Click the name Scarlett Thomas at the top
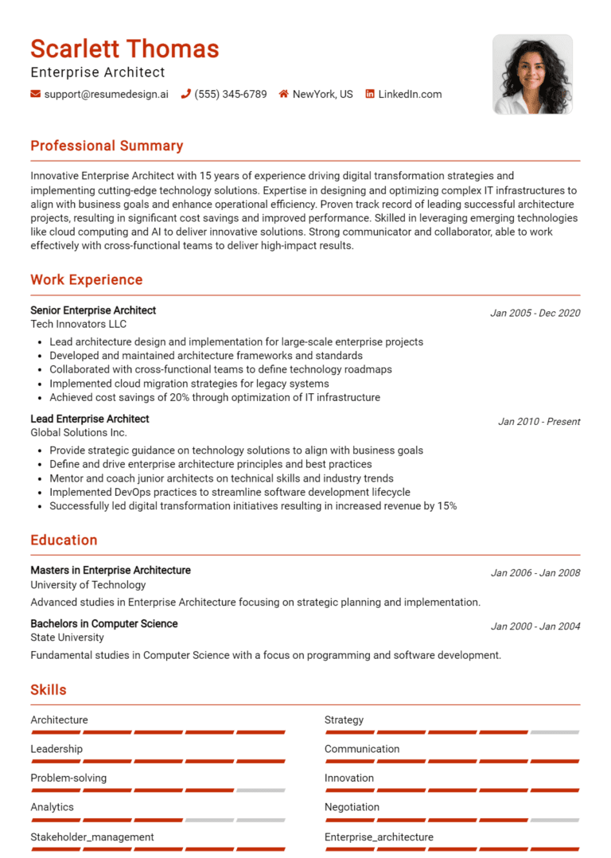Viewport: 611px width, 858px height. (125, 49)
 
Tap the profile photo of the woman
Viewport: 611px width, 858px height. (532, 74)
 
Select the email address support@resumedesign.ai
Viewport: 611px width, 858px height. (106, 94)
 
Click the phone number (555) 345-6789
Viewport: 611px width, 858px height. (231, 94)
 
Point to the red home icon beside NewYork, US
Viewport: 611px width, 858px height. (283, 94)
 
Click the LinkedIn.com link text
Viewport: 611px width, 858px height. (410, 94)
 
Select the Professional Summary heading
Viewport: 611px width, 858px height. (107, 146)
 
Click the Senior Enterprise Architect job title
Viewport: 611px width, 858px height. (93, 310)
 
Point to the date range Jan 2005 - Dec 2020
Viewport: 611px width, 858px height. (535, 313)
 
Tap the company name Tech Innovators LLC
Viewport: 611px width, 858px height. (78, 324)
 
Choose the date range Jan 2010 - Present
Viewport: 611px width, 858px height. (539, 421)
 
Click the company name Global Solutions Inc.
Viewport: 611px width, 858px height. (78, 432)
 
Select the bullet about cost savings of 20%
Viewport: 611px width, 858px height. (215, 397)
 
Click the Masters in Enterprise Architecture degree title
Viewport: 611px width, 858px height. (111, 570)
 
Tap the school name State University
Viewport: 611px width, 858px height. (67, 637)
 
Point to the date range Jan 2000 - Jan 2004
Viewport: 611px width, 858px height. (535, 626)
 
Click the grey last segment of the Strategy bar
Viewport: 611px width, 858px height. (555, 732)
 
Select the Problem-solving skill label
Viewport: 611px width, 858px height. (68, 778)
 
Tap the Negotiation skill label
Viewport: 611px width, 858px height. (352, 806)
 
